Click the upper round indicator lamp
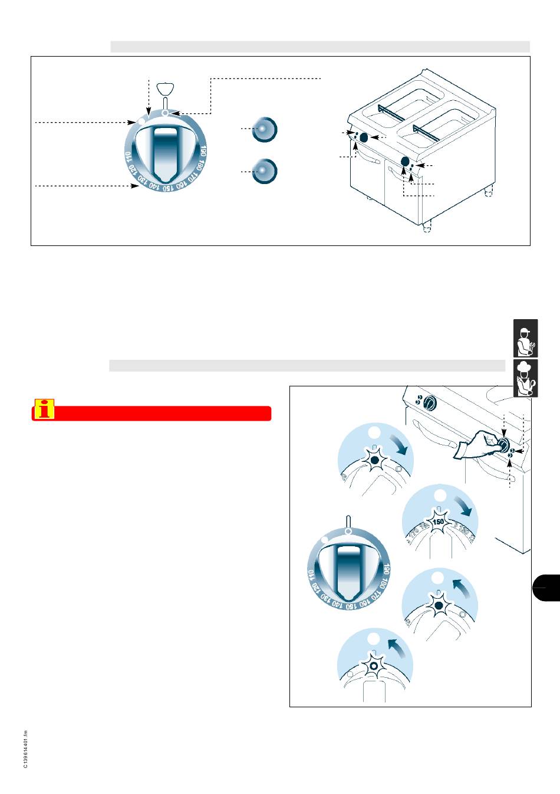click(264, 129)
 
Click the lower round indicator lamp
click(264, 170)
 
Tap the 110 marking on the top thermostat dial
click(128, 158)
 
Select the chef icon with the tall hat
click(525, 378)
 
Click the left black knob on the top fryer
click(364, 137)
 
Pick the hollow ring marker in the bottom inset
click(373, 665)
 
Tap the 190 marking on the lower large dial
click(387, 569)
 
